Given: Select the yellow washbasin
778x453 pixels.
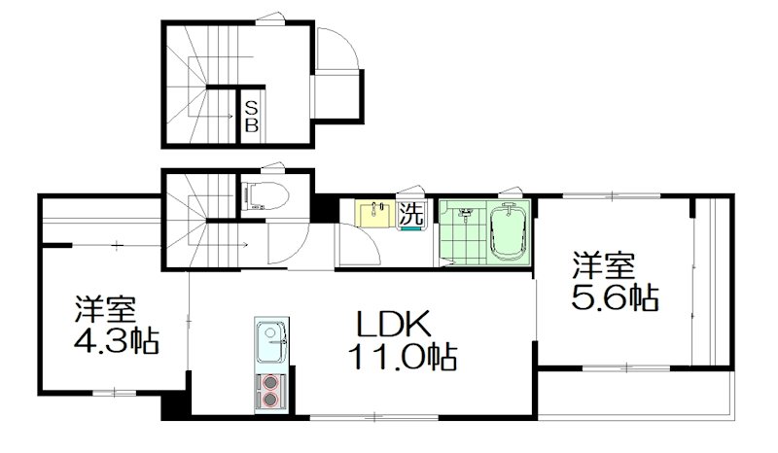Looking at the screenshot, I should pyautogui.click(x=371, y=214).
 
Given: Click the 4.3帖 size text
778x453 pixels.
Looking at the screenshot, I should pyautogui.click(x=116, y=341).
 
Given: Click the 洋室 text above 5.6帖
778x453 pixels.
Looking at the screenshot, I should pyautogui.click(x=604, y=264).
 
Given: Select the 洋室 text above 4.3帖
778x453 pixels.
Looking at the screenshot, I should pyautogui.click(x=106, y=310).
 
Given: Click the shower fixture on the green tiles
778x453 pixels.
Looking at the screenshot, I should pyautogui.click(x=464, y=212).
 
